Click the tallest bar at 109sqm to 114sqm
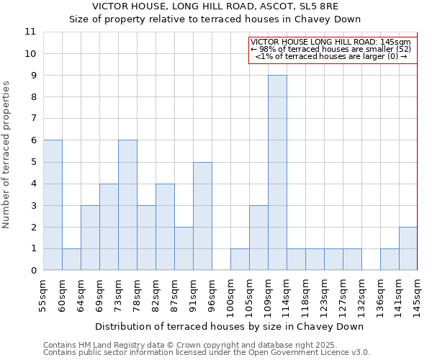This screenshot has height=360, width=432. tap(277, 173)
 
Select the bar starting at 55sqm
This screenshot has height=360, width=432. tap(53, 205)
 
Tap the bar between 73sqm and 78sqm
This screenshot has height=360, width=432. tap(127, 205)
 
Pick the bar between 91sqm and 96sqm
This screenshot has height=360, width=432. tap(202, 216)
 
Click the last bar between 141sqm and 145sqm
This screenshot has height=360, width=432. tap(408, 248)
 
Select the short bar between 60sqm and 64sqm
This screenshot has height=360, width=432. tap(71, 259)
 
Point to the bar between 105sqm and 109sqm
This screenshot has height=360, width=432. tap(258, 238)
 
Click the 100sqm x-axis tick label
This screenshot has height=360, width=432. tap(230, 297)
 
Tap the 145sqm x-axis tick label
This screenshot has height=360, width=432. tap(418, 297)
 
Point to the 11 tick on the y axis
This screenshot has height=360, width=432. tap(30, 32)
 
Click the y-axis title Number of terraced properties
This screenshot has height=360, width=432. tap(7, 155)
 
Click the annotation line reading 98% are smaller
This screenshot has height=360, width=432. tap(331, 49)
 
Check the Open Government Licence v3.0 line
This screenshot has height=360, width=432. tap(207, 353)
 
